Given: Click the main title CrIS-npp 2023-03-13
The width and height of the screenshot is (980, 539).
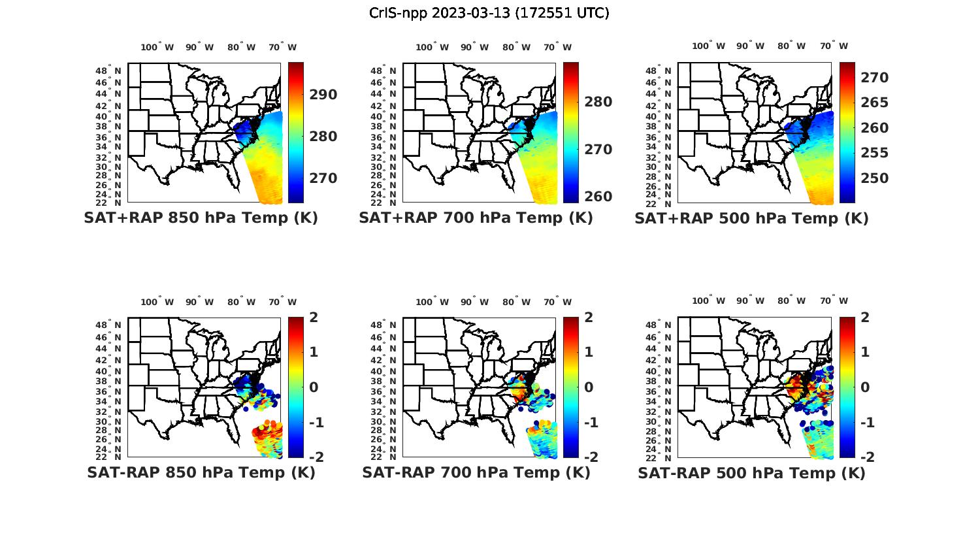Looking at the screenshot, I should point(489,13).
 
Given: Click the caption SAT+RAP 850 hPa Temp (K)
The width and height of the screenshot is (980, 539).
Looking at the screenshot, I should point(201,218).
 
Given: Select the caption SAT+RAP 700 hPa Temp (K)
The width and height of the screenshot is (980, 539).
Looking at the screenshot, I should point(476,218).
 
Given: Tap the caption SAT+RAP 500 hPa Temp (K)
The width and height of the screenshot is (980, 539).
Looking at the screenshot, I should point(751,218).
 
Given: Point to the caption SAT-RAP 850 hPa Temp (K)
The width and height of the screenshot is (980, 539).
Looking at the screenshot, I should point(201,472).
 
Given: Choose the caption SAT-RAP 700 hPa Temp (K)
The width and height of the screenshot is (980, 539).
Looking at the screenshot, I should point(476,472).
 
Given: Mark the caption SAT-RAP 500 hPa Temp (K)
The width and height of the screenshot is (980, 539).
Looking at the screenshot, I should point(751,473).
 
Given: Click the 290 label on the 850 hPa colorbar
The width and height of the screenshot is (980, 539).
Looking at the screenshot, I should point(323,95).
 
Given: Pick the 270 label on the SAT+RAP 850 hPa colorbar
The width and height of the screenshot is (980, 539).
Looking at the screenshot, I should point(323,178).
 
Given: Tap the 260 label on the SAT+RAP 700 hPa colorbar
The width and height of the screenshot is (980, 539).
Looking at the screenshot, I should point(598,197).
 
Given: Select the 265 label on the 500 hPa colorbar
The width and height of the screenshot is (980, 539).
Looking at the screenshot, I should point(874,103).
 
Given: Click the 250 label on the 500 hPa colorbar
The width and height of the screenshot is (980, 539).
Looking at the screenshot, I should point(874,178).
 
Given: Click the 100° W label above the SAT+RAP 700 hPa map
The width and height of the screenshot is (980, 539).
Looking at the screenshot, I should point(432,47).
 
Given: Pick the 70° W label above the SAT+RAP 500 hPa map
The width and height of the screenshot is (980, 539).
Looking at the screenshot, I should point(834,46).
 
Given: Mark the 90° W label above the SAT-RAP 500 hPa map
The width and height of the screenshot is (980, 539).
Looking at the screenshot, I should point(750,301).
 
